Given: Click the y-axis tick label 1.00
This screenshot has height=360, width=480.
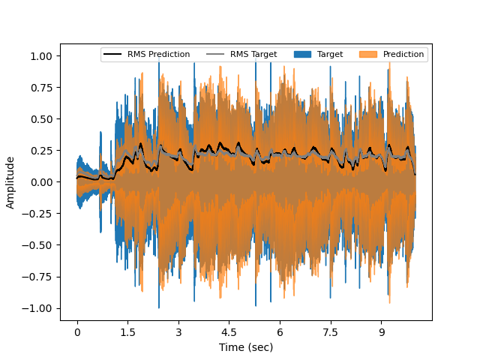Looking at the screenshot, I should pos(41,56).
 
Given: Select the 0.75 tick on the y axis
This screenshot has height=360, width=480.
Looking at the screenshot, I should pos(41,88).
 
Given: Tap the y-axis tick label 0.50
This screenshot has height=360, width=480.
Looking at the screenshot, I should pos(41,119).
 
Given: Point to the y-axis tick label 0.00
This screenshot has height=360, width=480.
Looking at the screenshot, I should pos(41,182).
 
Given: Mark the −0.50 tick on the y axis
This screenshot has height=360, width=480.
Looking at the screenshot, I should pos(38,245).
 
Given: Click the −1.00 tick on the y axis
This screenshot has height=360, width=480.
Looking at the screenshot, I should pos(38,308).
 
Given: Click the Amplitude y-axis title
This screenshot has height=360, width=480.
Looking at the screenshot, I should pos(10,182).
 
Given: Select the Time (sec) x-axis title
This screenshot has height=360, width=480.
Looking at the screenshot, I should pos(246,347).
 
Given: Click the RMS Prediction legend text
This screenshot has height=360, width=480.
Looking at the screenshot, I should pos(158,54).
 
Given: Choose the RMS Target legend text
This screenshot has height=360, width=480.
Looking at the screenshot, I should pos(253,54).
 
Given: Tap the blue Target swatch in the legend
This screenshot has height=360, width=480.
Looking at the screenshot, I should pos(302,54).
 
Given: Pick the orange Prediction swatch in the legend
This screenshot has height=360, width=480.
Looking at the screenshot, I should pos(368,54).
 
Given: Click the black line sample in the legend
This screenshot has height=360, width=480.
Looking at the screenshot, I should pos(112,54).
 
